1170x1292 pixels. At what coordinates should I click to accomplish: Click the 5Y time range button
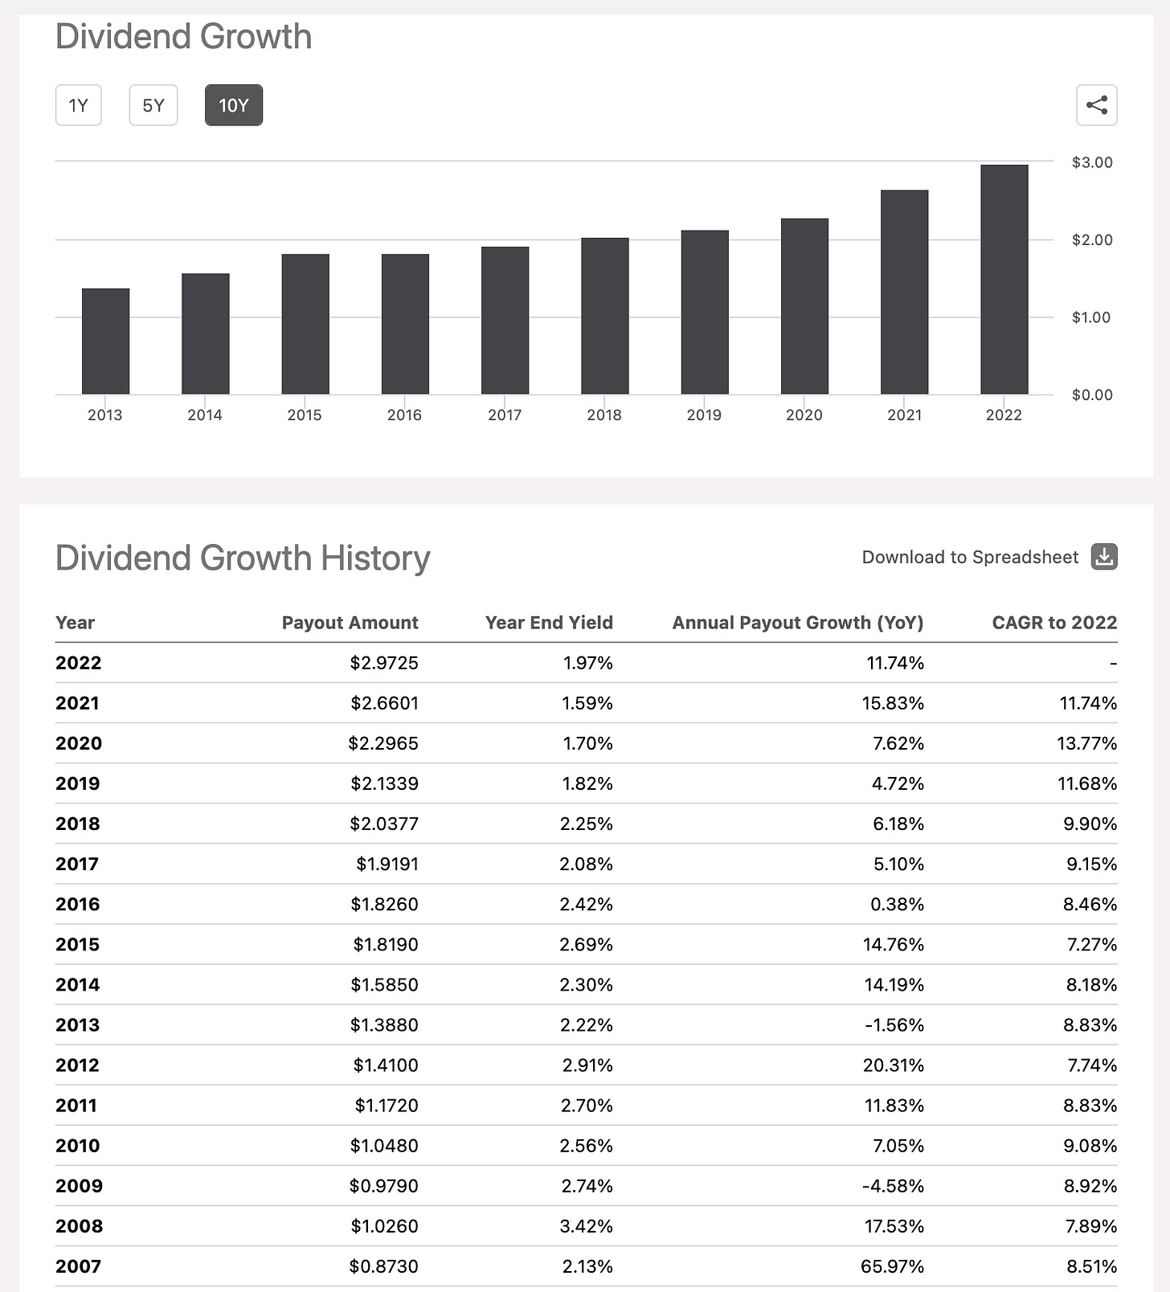coord(153,105)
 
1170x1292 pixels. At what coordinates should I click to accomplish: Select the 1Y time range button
coord(78,105)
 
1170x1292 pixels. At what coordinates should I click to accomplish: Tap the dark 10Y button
coord(233,105)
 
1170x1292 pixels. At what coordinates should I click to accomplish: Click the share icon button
coord(1096,105)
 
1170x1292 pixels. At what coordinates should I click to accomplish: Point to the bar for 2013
coord(105,341)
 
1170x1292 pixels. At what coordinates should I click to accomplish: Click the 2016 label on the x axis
coord(404,415)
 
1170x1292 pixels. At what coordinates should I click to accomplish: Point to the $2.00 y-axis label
coord(1092,239)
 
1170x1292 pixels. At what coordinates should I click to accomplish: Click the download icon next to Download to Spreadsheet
coord(1104,557)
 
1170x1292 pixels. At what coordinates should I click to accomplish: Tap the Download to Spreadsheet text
coord(970,558)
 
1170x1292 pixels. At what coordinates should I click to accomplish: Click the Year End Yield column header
coord(549,623)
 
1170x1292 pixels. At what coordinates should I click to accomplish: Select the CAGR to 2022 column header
coord(1054,623)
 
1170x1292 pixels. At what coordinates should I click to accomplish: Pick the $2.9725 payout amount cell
coord(384,663)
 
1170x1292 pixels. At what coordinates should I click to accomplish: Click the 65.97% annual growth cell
coord(892,1266)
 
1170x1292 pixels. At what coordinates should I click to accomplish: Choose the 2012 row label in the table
coord(77,1065)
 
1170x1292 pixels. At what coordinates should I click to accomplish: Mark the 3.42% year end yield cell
coord(587,1226)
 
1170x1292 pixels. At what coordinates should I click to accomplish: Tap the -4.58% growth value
coord(893,1186)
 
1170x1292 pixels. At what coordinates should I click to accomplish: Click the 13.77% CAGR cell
coord(1086,743)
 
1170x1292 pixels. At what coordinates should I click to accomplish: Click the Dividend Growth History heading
coord(243,558)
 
